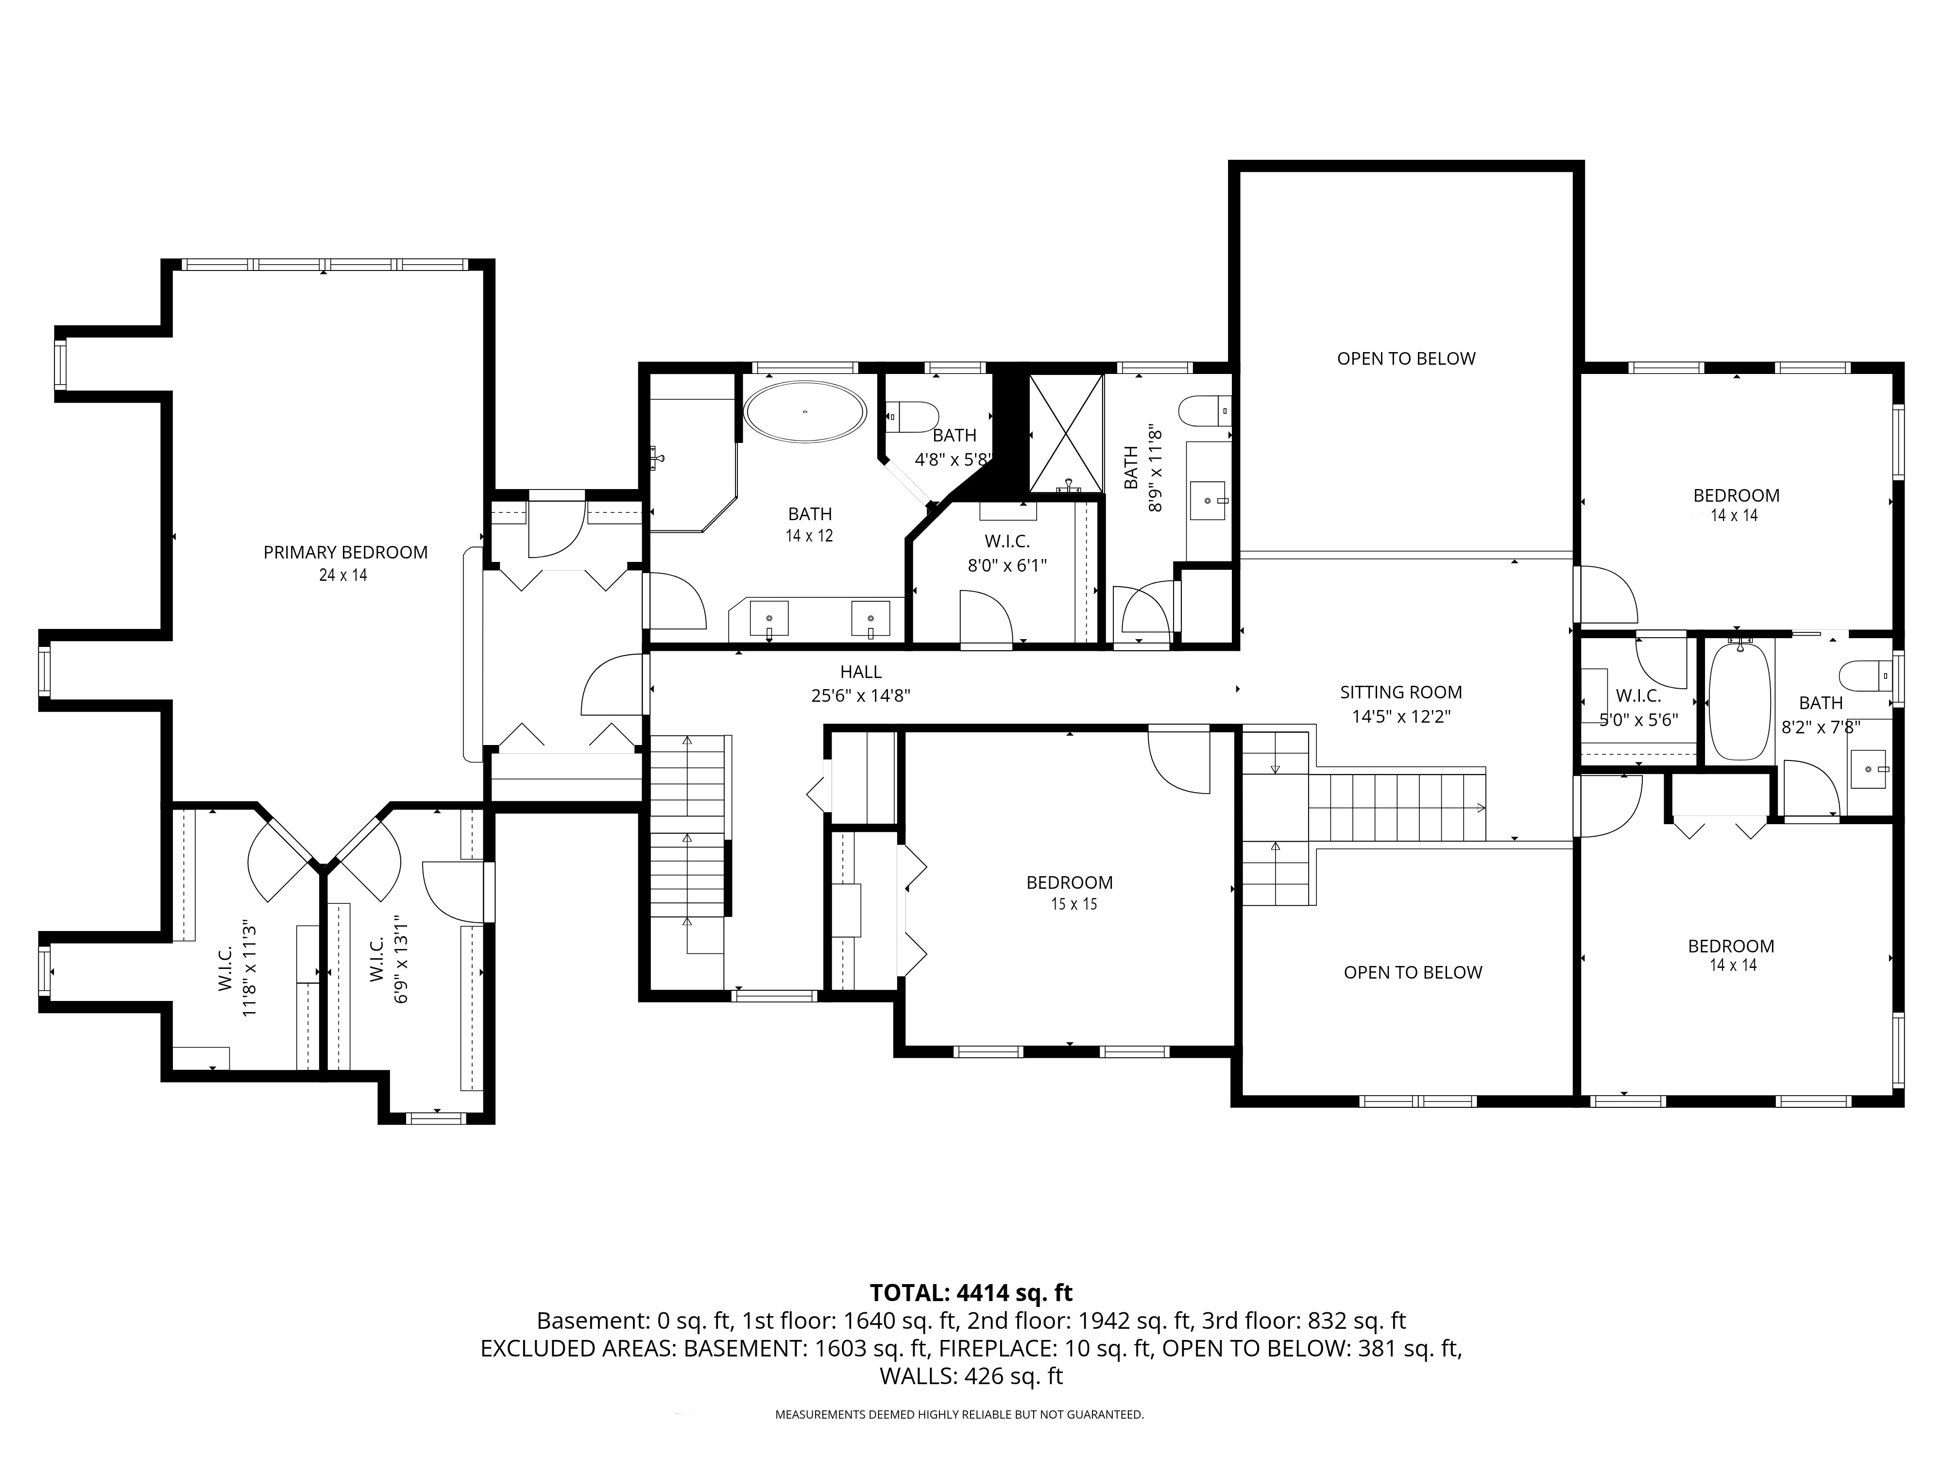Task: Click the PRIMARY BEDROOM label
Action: pos(345,552)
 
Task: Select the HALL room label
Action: pos(861,672)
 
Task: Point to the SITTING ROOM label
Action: pos(1401,692)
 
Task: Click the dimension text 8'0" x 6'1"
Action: pos(1007,566)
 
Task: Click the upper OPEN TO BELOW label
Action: pos(1406,358)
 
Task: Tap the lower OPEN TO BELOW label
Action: pos(1413,972)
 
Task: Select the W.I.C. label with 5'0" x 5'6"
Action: pos(1638,696)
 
